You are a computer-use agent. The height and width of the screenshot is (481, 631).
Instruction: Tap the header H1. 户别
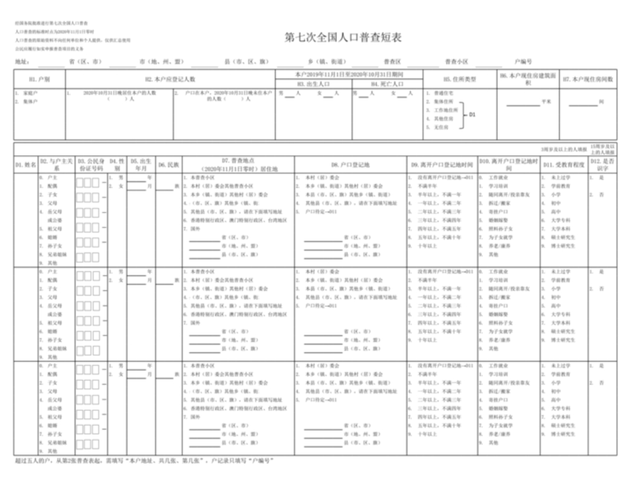[x=39, y=80]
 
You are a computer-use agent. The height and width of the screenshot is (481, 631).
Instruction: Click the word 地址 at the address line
[x=21, y=60]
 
